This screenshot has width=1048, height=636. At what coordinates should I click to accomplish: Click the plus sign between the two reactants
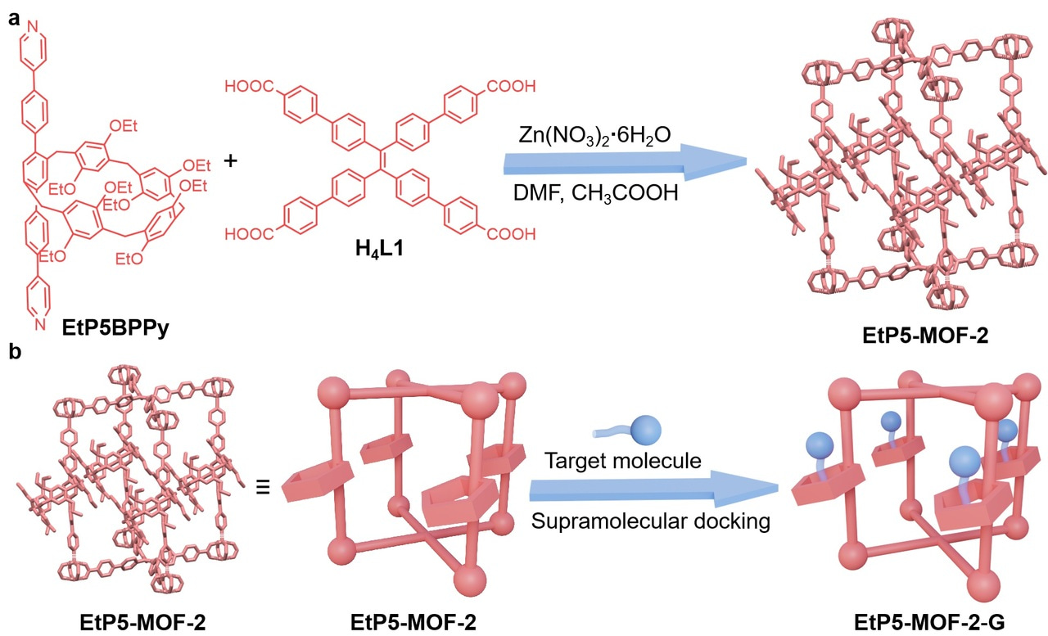tap(230, 162)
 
